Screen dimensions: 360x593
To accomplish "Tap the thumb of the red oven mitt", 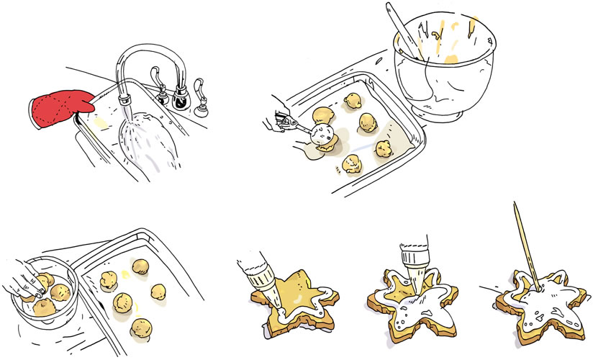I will [x=85, y=102].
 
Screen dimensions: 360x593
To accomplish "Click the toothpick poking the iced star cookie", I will [x=525, y=245].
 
